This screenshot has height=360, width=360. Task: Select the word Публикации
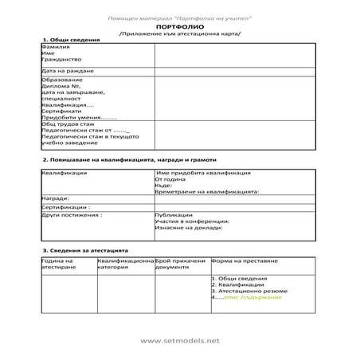174,215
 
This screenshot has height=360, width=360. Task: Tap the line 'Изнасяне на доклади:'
188,228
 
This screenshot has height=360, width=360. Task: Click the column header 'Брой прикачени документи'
181,264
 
